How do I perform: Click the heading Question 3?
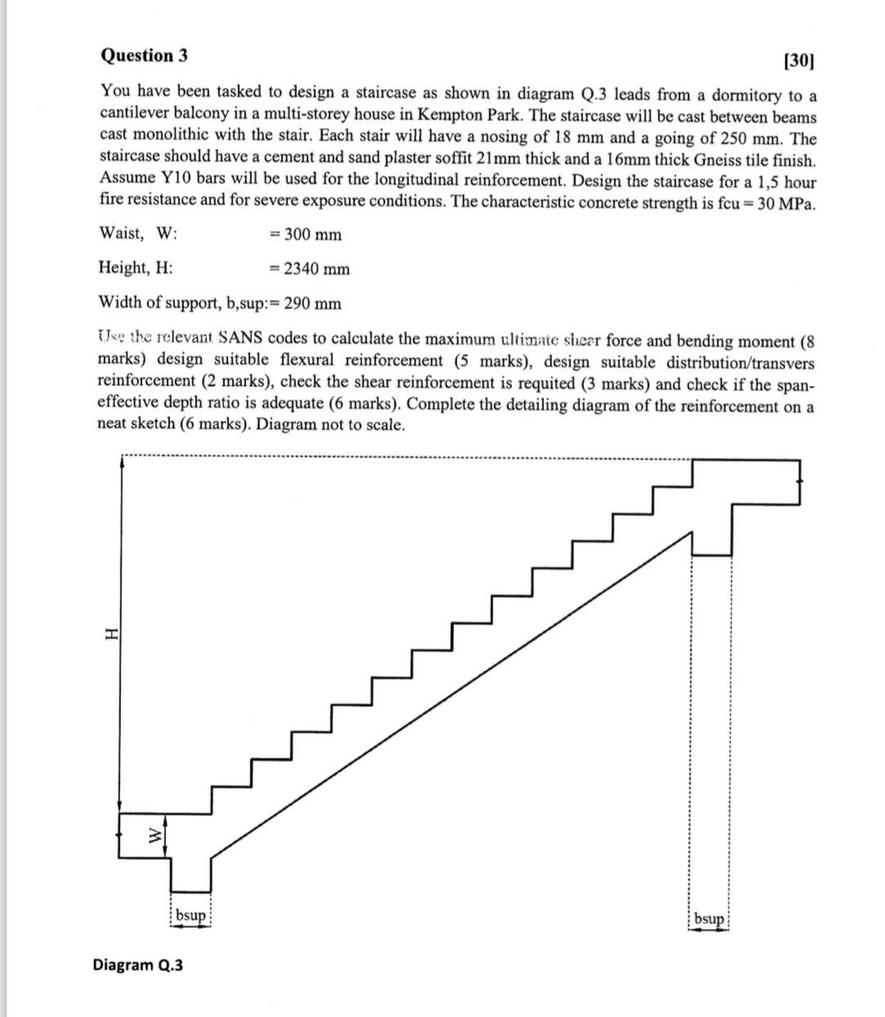click(x=143, y=56)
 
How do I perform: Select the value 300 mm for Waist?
click(x=306, y=235)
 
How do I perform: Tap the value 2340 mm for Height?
click(x=310, y=269)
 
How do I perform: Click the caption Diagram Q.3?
click(x=138, y=965)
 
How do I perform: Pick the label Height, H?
click(x=136, y=267)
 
